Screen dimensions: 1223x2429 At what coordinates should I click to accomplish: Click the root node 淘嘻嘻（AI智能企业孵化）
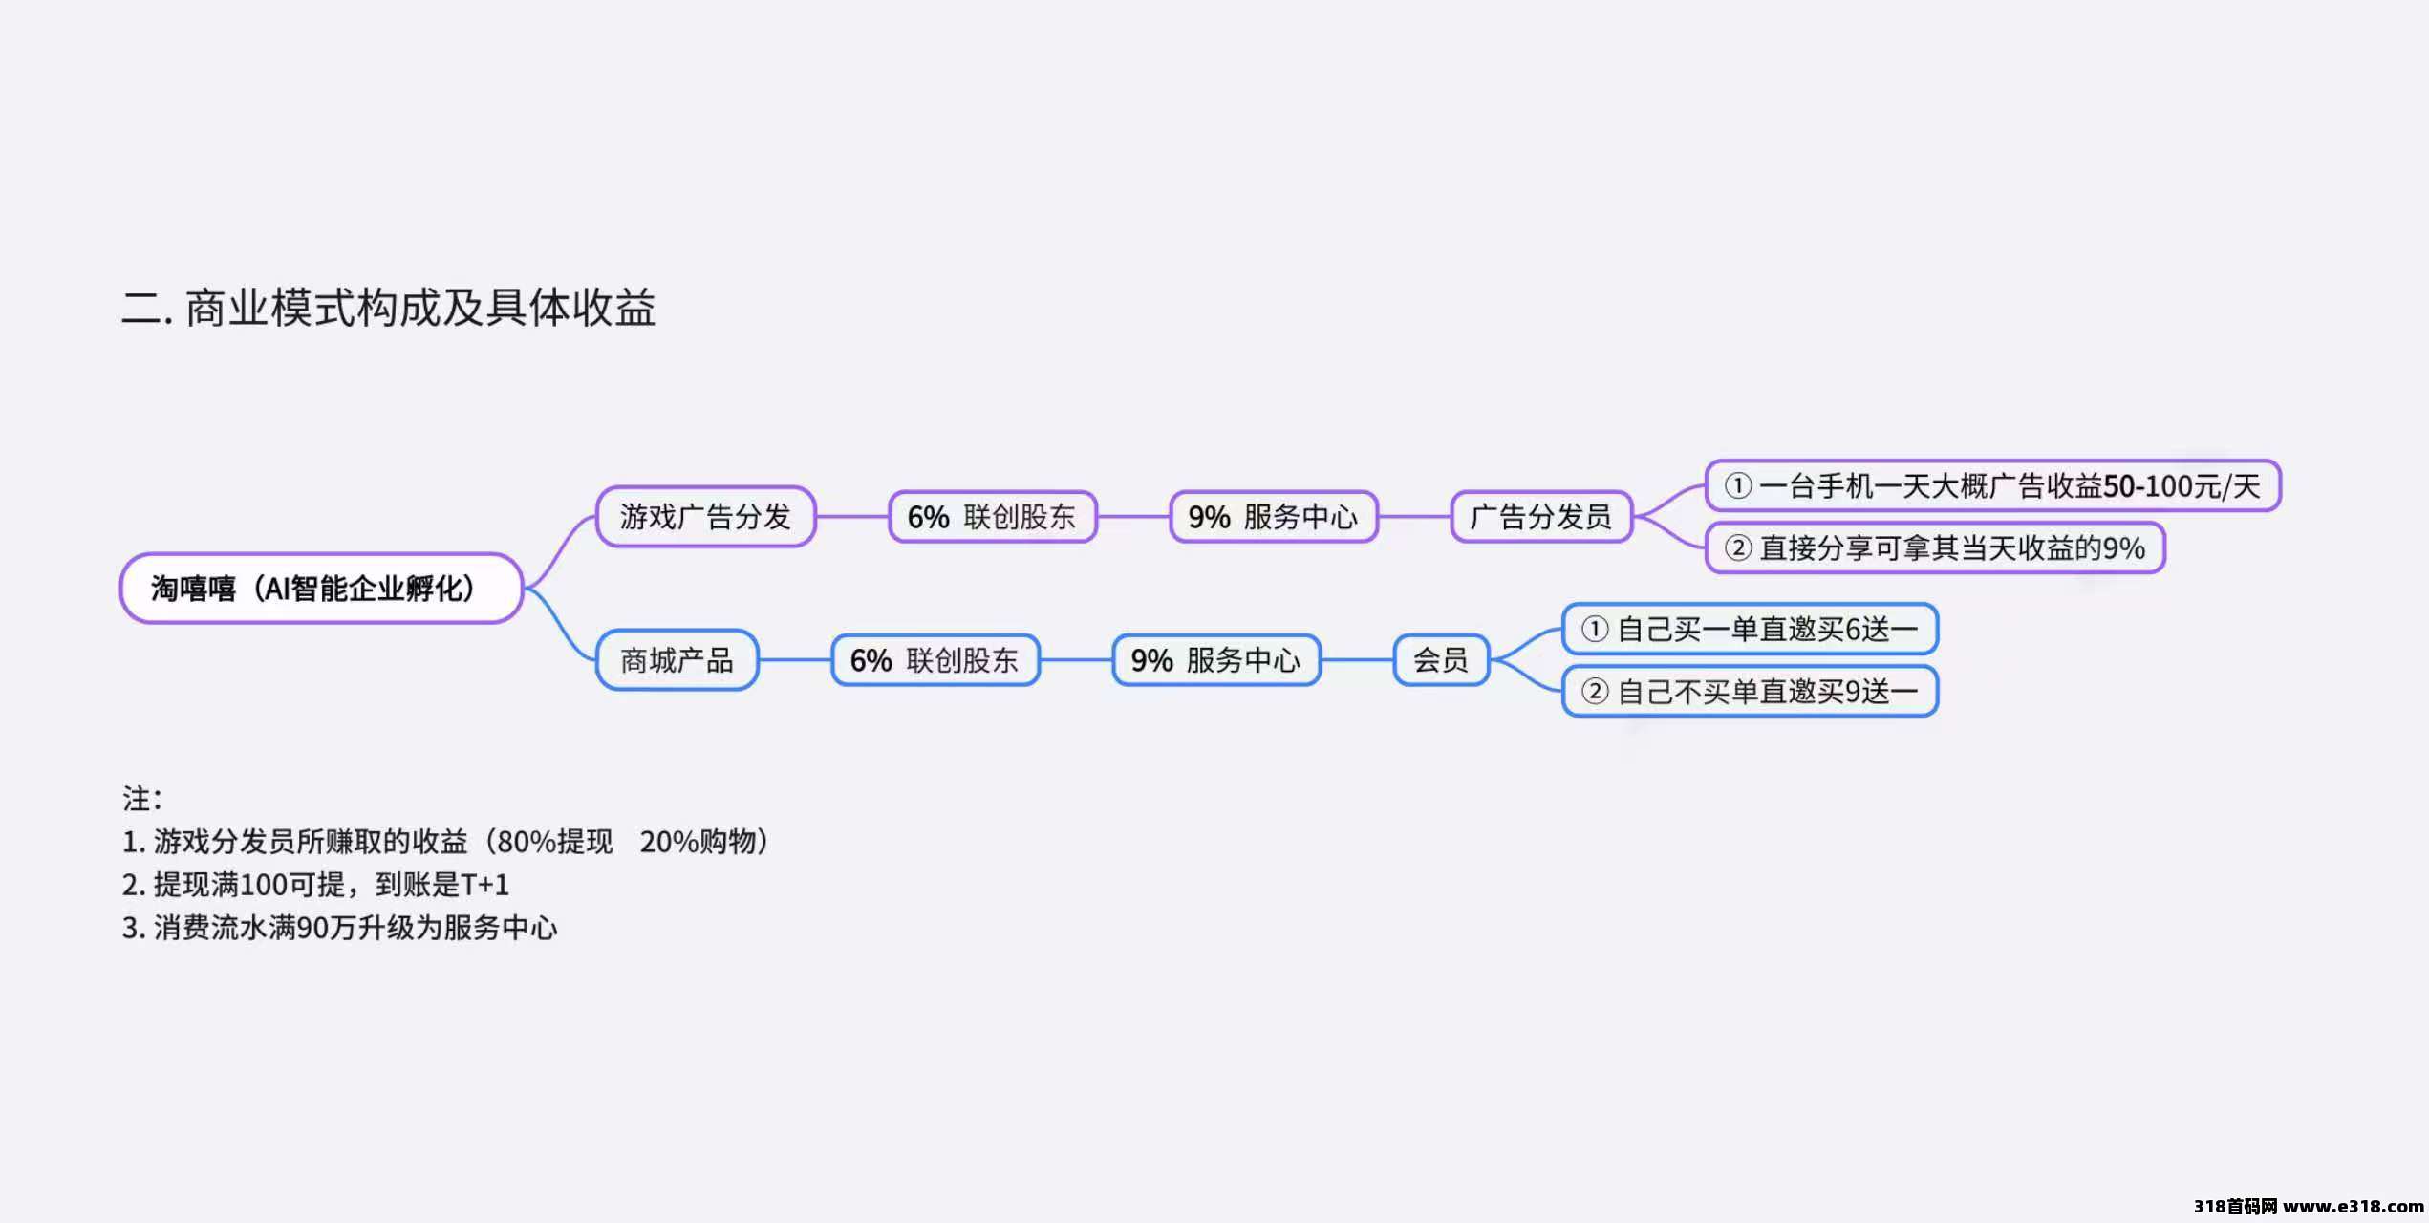[321, 589]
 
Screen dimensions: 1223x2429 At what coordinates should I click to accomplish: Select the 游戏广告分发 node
[705, 517]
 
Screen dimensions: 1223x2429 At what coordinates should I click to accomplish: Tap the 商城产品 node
[677, 660]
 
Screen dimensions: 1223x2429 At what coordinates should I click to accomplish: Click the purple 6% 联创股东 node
[992, 517]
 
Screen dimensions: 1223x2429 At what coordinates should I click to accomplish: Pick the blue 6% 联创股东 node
[935, 660]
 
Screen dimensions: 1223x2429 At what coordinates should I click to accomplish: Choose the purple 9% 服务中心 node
[1273, 517]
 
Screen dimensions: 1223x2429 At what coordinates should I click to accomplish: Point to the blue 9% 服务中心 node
[1215, 660]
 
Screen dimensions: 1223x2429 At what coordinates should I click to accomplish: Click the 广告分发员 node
[1540, 517]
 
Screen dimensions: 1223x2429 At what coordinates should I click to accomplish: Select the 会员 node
[1441, 660]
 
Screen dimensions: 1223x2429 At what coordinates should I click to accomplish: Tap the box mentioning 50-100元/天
[1992, 486]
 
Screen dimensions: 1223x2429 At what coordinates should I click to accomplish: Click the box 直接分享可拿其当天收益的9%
[1935, 548]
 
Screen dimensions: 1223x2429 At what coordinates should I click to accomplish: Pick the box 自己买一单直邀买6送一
[1750, 630]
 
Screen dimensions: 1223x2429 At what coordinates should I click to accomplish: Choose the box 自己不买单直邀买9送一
[1750, 692]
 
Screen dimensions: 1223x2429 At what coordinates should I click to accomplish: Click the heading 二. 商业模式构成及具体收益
[388, 308]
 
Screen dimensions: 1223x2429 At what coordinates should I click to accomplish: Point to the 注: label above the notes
[141, 799]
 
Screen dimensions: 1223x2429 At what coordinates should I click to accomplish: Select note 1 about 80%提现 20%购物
[445, 842]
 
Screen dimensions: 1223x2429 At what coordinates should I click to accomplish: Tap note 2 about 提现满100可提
[315, 885]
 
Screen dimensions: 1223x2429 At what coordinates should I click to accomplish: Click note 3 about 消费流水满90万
[339, 928]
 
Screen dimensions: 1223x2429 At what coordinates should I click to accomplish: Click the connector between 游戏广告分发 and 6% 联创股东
[852, 517]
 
